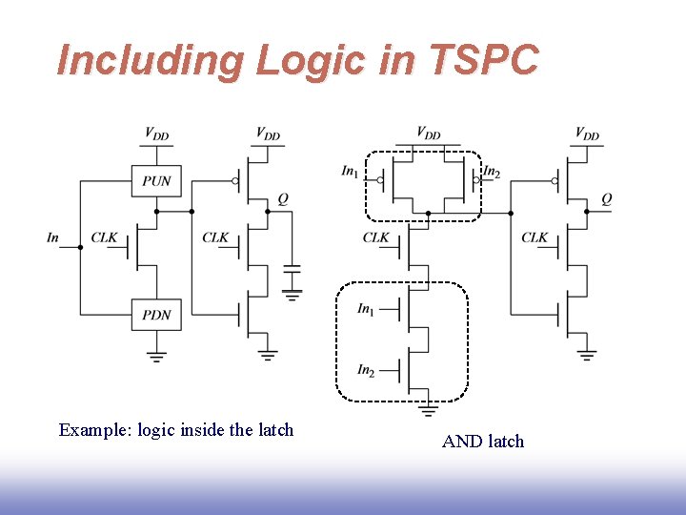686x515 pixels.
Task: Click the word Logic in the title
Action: tap(310, 61)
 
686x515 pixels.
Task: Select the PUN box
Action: tap(156, 180)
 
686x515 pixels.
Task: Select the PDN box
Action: tap(156, 314)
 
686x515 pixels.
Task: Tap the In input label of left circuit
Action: tap(52, 237)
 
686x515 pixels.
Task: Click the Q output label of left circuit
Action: tap(283, 198)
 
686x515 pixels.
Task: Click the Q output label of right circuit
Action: tap(607, 198)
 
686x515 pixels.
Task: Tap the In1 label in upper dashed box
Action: tap(351, 172)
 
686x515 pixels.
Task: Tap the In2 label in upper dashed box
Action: tap(492, 172)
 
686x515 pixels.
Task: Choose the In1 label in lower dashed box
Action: tap(366, 309)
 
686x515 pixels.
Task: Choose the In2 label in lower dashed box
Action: tap(366, 370)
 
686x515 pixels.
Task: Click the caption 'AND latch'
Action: tap(483, 441)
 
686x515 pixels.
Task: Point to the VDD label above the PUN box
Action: tap(156, 134)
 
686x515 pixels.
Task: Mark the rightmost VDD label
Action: tap(588, 134)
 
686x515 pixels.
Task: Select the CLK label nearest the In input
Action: tap(104, 237)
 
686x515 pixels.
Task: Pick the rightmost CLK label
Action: tap(535, 237)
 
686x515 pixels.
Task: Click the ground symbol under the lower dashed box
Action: tap(429, 410)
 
